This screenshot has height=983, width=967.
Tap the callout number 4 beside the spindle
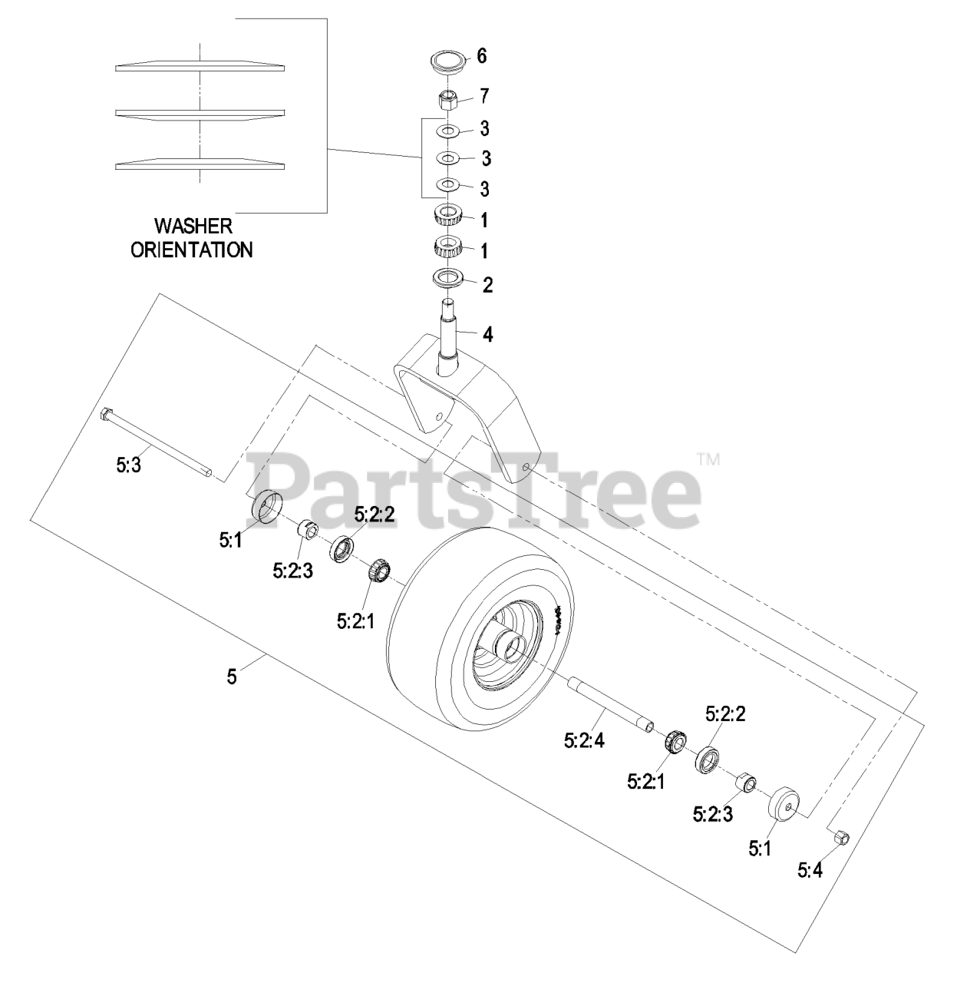(487, 334)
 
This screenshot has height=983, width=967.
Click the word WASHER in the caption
(193, 227)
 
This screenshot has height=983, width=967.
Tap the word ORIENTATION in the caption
(192, 250)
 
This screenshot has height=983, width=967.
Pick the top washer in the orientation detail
(200, 66)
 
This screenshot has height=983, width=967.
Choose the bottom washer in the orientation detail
(200, 164)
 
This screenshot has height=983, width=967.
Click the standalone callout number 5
(233, 677)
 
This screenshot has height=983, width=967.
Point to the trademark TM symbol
(708, 460)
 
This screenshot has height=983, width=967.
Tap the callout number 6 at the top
(482, 55)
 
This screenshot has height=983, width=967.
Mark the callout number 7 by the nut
(484, 96)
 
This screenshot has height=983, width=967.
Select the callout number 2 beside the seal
(487, 284)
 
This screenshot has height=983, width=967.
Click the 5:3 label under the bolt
(129, 466)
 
